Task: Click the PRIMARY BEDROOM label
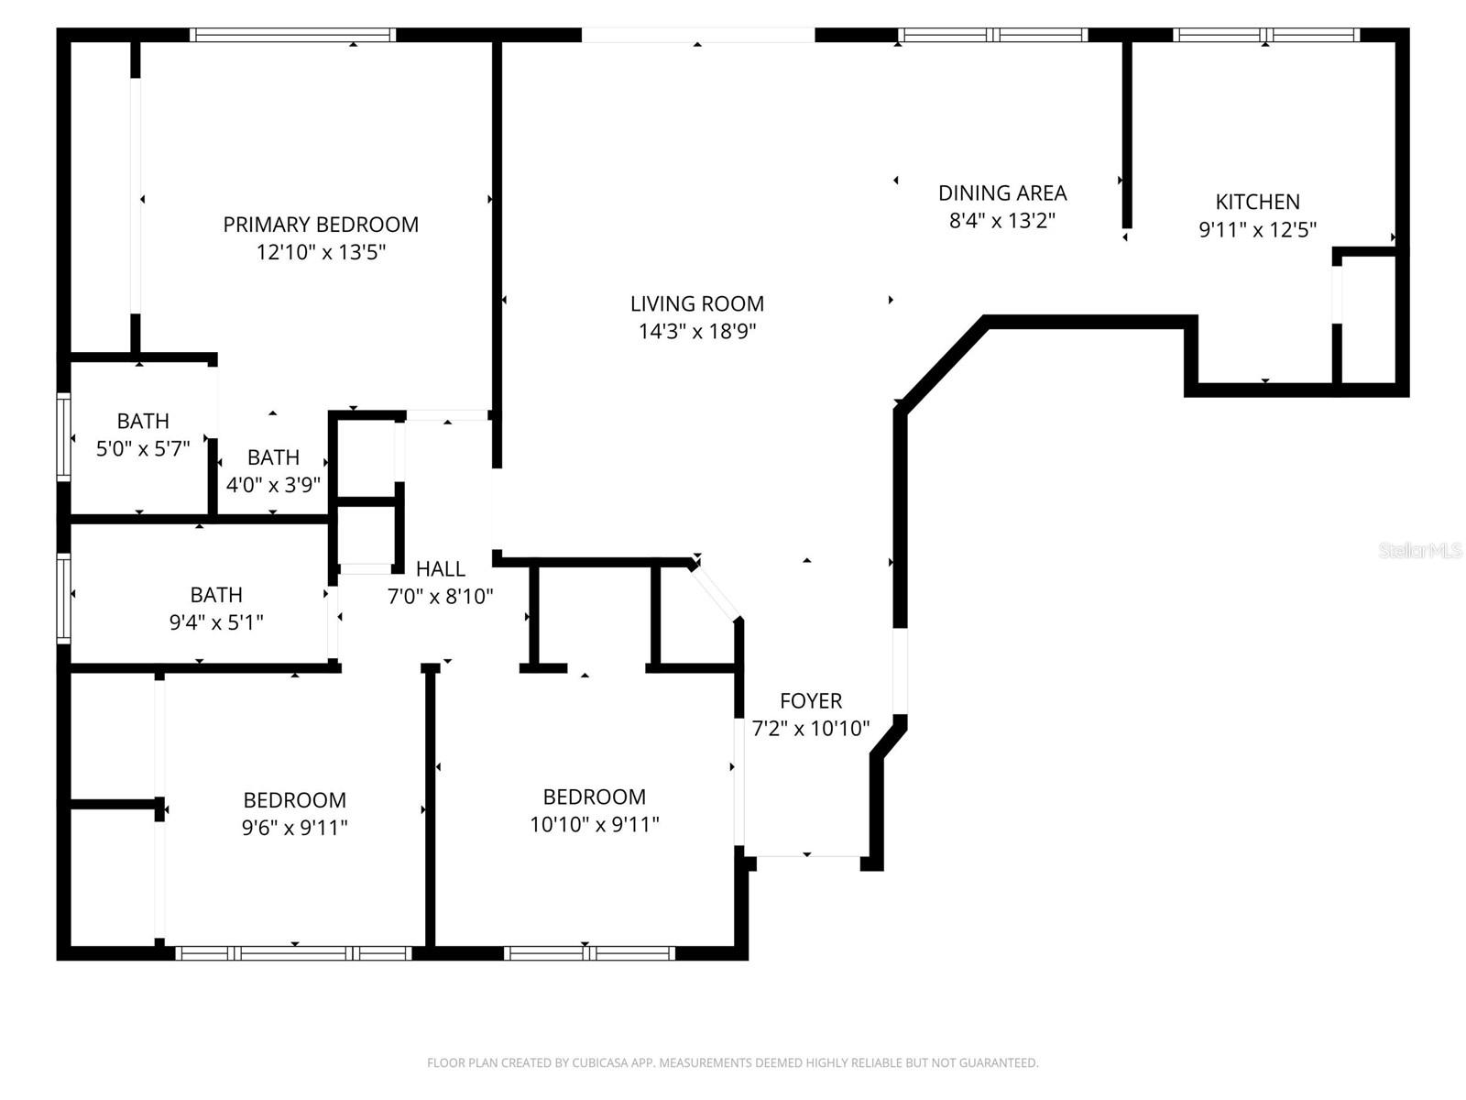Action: click(x=321, y=225)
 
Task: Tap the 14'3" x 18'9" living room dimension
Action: click(x=696, y=331)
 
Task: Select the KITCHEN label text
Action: click(x=1257, y=202)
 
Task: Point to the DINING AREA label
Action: click(x=1002, y=193)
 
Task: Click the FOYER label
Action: click(x=811, y=701)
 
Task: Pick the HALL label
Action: click(x=441, y=569)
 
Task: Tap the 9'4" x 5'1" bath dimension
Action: click(x=216, y=622)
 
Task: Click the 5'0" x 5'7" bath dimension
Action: click(x=143, y=449)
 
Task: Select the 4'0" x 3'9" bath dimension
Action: click(x=273, y=485)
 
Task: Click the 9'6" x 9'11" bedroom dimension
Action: click(x=294, y=828)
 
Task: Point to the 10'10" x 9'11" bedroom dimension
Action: click(x=595, y=824)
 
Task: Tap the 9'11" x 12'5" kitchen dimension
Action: click(x=1257, y=229)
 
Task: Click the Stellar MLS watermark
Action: click(x=1420, y=551)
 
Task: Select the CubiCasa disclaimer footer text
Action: click(x=732, y=1063)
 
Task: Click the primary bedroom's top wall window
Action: click(x=293, y=35)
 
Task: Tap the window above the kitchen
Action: click(x=1265, y=35)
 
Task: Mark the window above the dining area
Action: click(x=993, y=35)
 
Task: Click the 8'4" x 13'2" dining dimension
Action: click(x=1002, y=221)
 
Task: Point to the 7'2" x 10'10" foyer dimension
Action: click(x=811, y=729)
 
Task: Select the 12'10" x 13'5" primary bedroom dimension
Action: click(x=321, y=252)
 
